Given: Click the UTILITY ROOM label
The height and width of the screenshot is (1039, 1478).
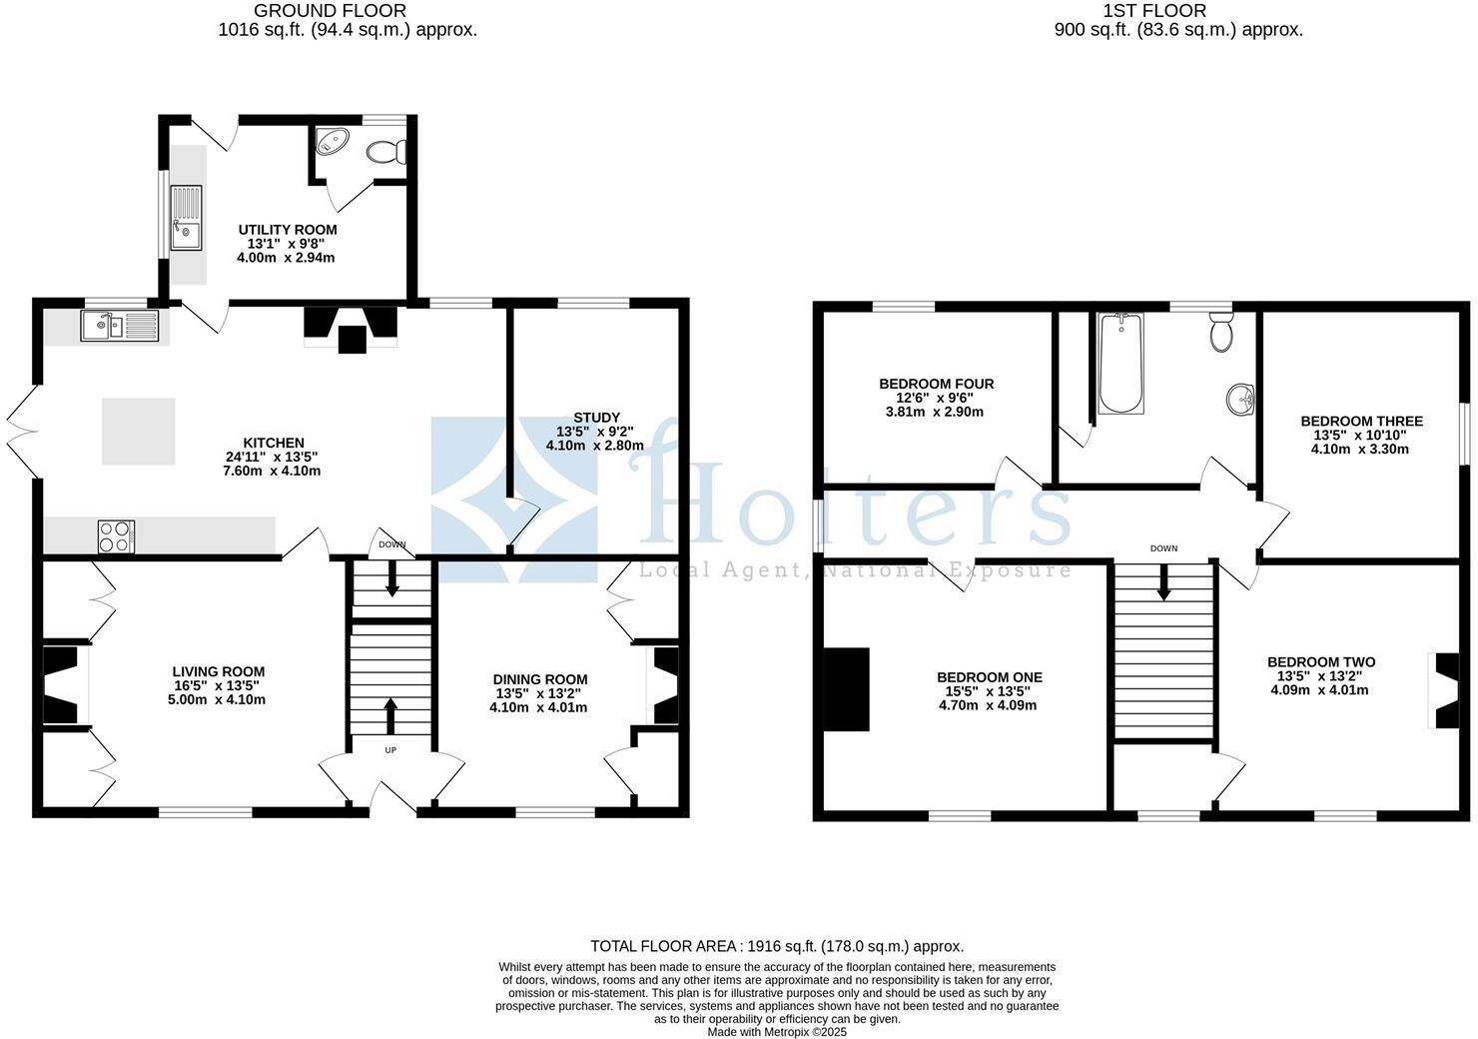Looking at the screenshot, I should point(287,230).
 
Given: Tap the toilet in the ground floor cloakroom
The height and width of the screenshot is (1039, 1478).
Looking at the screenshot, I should point(386,152).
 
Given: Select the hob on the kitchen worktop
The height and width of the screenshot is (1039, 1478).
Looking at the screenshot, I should point(116,536).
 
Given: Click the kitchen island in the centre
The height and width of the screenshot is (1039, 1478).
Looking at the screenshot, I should point(139,432).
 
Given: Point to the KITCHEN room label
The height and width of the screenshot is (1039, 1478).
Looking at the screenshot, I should point(273,443).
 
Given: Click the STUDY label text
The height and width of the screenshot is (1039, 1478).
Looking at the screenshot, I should point(596,418).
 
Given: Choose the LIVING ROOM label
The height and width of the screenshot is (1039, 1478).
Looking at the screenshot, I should point(218,671).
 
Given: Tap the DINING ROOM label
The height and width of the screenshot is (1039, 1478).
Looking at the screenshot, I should point(539,679).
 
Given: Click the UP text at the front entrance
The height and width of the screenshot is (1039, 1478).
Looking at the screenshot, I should point(390,749).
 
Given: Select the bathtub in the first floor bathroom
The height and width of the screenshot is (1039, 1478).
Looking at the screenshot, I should point(1120,364).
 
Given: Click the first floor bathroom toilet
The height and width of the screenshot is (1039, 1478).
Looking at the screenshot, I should point(1221,332).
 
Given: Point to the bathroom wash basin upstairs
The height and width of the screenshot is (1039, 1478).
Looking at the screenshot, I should point(1239,399).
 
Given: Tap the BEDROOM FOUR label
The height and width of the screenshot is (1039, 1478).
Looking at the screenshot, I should point(936,384).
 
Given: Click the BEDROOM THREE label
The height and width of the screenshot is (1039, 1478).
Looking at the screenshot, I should point(1361,422).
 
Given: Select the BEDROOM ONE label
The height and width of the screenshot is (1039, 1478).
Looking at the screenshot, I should point(989,677).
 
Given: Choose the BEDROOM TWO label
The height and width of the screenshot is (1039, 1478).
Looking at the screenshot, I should point(1320,662).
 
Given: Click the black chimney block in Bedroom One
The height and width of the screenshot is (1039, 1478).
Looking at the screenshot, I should point(846,689).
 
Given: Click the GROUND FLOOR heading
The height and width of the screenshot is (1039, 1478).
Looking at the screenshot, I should point(330,11).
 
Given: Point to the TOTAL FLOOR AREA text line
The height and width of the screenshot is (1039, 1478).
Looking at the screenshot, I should point(776,946).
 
